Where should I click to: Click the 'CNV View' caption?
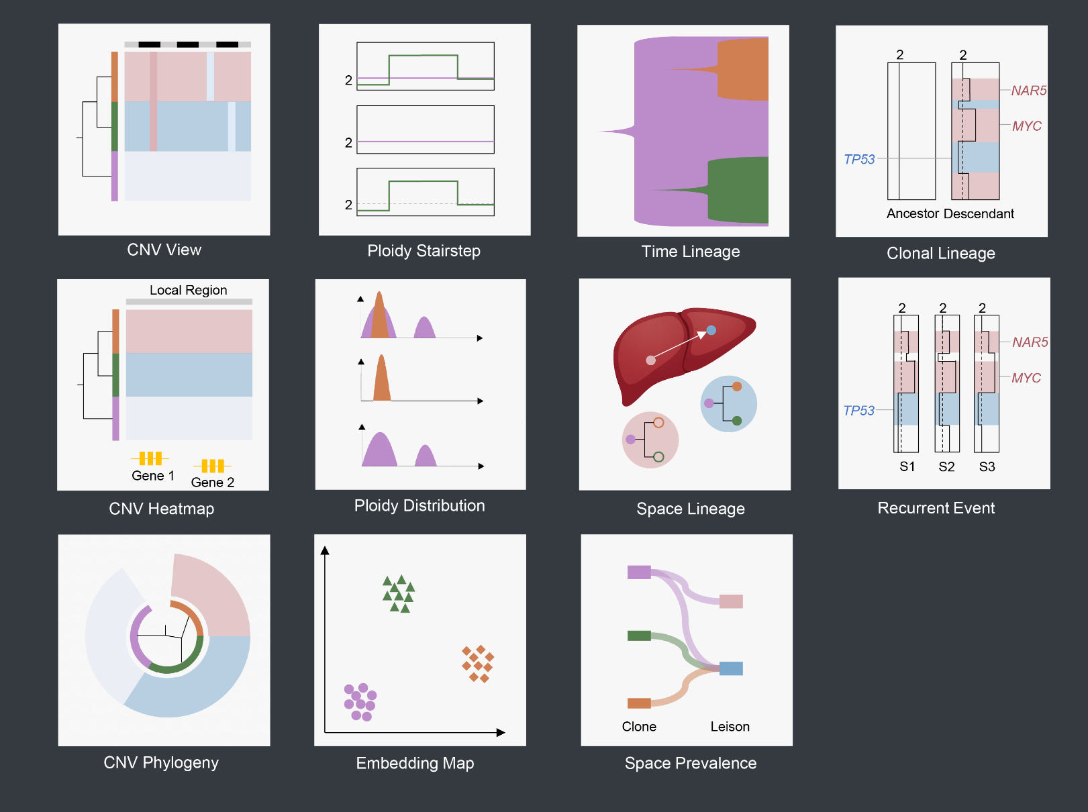tap(164, 250)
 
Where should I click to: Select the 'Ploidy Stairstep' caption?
tap(424, 251)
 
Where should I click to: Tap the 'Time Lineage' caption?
tap(690, 252)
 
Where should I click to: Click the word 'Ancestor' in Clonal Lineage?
tap(912, 213)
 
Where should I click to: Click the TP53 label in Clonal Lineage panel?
tap(859, 159)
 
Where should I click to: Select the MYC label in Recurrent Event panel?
tap(1026, 378)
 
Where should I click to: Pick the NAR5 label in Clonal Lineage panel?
tap(1028, 91)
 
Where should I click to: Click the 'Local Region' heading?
tap(188, 290)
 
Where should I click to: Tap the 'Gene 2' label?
tap(212, 483)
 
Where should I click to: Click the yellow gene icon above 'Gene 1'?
tap(150, 458)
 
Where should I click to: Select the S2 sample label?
tap(946, 466)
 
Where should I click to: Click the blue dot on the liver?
tap(711, 330)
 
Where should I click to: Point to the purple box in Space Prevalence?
tap(639, 572)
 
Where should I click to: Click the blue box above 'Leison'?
tap(731, 668)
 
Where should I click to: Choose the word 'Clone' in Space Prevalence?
tap(639, 727)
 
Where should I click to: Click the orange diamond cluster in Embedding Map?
tap(477, 664)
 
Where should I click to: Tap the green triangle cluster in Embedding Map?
tap(399, 594)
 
